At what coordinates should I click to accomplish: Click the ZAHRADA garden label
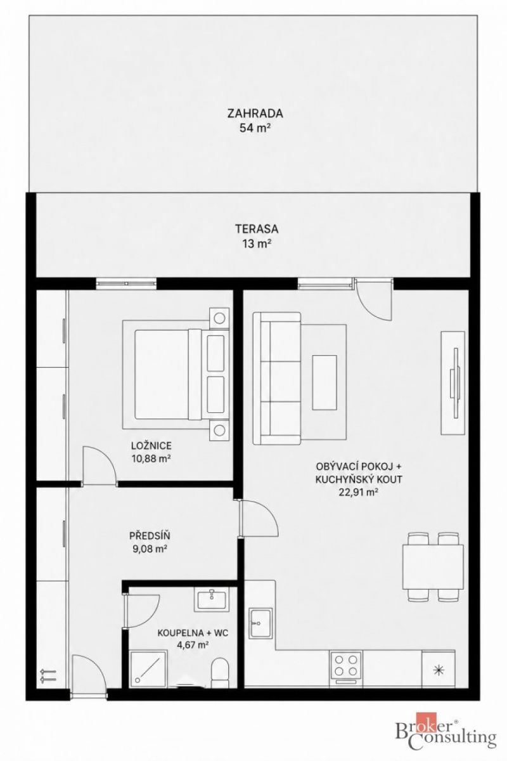point(255,113)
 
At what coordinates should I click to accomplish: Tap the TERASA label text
point(257,229)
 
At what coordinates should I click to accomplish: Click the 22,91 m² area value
point(359,492)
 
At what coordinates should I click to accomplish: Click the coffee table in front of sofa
point(324,382)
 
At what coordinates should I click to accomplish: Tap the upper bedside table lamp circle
point(219,318)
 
